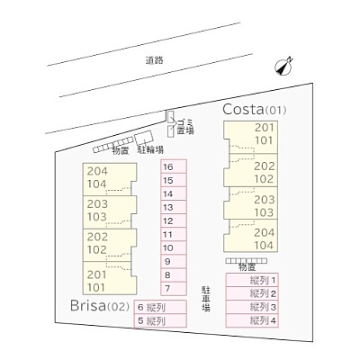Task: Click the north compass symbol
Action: pyautogui.click(x=283, y=67)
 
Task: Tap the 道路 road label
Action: pyautogui.click(x=155, y=60)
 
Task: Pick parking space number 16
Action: pyautogui.click(x=174, y=166)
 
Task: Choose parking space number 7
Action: pyautogui.click(x=174, y=289)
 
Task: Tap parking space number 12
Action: pyautogui.click(x=174, y=220)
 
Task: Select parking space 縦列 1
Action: pyautogui.click(x=252, y=281)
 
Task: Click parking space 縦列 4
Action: pyautogui.click(x=252, y=320)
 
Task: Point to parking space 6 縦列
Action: pyautogui.click(x=160, y=307)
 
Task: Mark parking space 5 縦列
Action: pyautogui.click(x=160, y=320)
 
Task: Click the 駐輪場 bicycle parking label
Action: pyautogui.click(x=150, y=149)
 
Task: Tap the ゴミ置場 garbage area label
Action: pyautogui.click(x=185, y=127)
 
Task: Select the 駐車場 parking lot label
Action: pyautogui.click(x=205, y=299)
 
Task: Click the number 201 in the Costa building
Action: pyautogui.click(x=265, y=128)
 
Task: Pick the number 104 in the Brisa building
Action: pyautogui.click(x=97, y=184)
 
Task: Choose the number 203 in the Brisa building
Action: pyautogui.click(x=97, y=204)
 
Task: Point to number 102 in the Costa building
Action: pyautogui.click(x=264, y=179)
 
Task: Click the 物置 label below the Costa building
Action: pyautogui.click(x=247, y=267)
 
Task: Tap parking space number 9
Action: pyautogui.click(x=174, y=262)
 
